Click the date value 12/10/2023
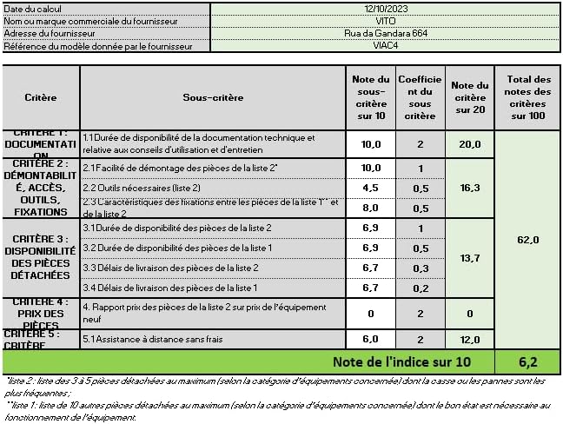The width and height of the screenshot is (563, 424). [x=386, y=8]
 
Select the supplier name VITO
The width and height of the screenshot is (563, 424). [x=386, y=20]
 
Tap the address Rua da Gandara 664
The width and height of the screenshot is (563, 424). [x=386, y=33]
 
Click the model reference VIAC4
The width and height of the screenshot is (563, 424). [x=386, y=45]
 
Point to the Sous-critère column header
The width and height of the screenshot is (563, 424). [x=212, y=98]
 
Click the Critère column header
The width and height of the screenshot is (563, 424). [x=41, y=98]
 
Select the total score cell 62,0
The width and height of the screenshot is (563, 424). [x=528, y=240]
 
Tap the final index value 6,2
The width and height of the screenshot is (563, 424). [x=528, y=361]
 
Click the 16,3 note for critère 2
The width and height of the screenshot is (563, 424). [x=470, y=187]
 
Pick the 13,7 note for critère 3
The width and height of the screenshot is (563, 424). [x=470, y=258]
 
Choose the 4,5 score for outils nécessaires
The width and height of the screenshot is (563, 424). [x=371, y=188]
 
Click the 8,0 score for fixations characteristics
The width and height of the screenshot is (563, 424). [x=371, y=208]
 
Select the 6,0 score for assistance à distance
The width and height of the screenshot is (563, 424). [x=371, y=340]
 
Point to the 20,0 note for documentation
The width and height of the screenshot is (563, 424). [x=470, y=144]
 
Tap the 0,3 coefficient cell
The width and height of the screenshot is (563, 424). [x=420, y=268]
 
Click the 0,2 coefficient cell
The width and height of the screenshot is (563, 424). [x=420, y=288]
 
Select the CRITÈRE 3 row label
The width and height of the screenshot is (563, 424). [x=41, y=257]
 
